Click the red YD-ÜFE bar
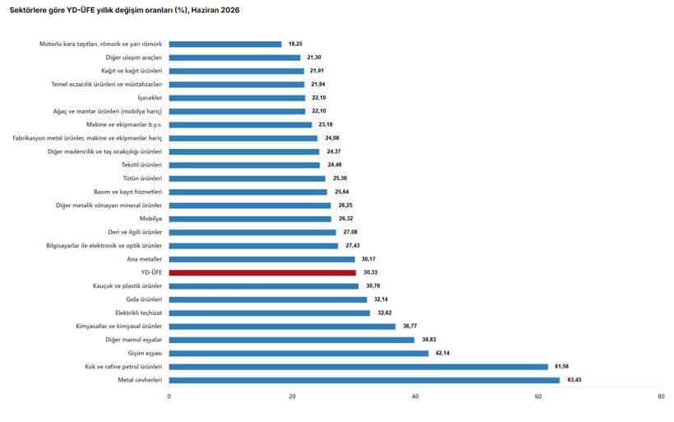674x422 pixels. tap(262, 273)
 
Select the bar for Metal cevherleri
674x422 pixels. tap(364, 380)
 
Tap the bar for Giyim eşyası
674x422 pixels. tap(298, 354)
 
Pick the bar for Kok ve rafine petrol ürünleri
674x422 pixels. tap(358, 367)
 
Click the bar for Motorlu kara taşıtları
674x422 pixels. tap(225, 44)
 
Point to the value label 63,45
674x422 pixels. tap(575, 380)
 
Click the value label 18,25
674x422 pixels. tap(295, 44)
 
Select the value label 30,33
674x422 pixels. tap(371, 272)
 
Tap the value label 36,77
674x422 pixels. tap(409, 326)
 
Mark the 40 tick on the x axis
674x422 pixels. tap(415, 396)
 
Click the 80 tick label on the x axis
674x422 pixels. tap(661, 396)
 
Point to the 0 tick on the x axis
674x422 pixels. tap(169, 396)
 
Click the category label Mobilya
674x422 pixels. tap(151, 219)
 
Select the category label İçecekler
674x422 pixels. tap(150, 98)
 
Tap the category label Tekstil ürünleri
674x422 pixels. tap(142, 165)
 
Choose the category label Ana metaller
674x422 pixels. tap(145, 259)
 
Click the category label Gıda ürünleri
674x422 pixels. tap(144, 299)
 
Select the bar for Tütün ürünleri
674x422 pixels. tap(247, 179)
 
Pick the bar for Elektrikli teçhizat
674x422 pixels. tap(270, 313)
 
